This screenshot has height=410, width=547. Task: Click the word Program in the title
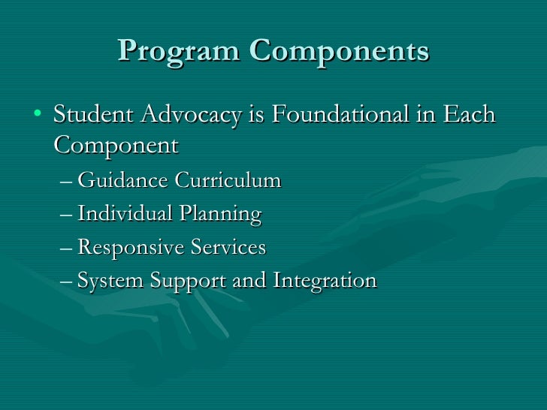coord(179,51)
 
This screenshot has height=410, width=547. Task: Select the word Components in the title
coord(339,51)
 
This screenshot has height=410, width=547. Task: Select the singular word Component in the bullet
coord(116,145)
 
